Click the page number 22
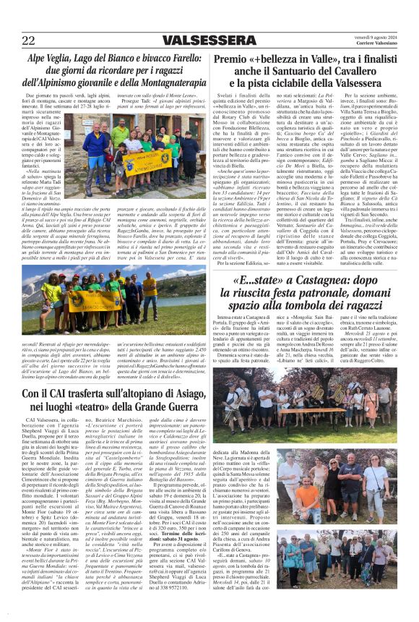click(x=29, y=41)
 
